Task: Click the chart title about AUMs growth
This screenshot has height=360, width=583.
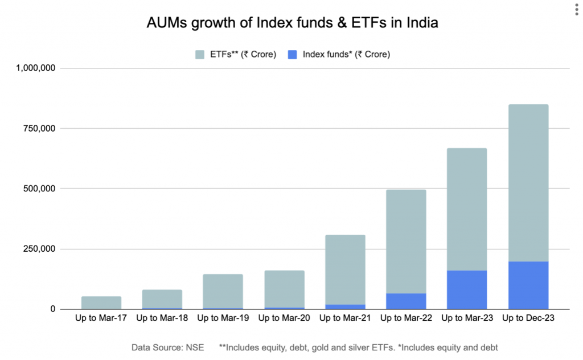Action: (x=291, y=24)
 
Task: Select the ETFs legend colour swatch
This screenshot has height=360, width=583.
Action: (x=200, y=55)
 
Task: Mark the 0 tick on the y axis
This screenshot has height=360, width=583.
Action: (x=52, y=309)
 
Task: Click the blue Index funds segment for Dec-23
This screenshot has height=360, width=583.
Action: (x=525, y=285)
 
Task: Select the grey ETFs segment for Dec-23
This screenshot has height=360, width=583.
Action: (x=525, y=183)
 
